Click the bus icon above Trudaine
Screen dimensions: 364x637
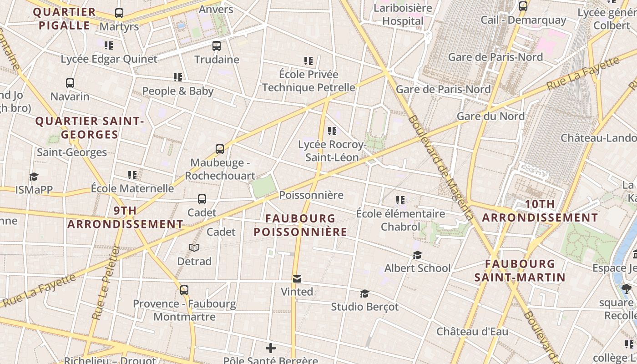click(217, 45)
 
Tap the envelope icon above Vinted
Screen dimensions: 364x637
click(297, 278)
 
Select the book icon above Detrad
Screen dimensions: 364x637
click(194, 248)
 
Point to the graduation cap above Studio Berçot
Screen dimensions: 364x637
click(364, 293)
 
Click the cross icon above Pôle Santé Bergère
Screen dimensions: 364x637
click(271, 349)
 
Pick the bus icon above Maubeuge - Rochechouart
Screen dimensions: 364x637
click(220, 149)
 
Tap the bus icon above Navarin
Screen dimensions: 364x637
click(70, 83)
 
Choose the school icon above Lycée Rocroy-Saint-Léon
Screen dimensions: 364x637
click(332, 131)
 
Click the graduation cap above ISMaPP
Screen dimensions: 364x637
click(34, 177)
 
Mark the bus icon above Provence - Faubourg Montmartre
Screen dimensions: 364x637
click(184, 290)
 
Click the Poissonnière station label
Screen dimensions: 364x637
click(311, 195)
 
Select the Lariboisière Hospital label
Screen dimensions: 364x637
click(403, 15)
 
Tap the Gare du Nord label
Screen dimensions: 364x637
click(490, 116)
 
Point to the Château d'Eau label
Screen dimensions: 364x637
click(472, 332)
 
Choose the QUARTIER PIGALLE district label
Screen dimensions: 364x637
click(65, 19)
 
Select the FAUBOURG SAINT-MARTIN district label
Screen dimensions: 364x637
click(520, 271)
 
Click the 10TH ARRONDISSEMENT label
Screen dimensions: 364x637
click(540, 211)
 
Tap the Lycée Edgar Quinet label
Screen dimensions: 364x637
click(109, 59)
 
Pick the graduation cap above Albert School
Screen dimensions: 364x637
click(417, 255)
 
